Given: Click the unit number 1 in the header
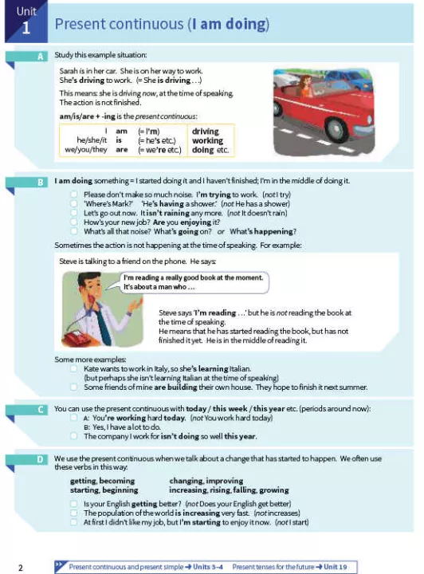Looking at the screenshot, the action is point(26,28).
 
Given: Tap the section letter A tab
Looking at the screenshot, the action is point(40,57).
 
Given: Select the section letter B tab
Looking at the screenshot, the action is point(40,183).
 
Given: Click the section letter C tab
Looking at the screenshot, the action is point(40,410).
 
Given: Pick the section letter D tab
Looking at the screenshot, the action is point(40,459).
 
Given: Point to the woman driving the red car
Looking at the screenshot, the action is point(305,86).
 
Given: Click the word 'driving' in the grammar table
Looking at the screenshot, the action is point(206,132).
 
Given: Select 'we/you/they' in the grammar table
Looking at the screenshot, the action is point(86,150).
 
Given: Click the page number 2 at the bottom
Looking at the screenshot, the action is point(21,568).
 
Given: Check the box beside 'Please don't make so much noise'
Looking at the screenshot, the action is point(74,195).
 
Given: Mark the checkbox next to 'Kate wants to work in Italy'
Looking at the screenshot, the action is point(74,368).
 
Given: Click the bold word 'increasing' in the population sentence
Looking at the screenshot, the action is point(201,513).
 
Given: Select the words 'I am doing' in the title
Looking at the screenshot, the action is point(229,24).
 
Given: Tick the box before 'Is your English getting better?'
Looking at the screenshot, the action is point(74,504).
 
